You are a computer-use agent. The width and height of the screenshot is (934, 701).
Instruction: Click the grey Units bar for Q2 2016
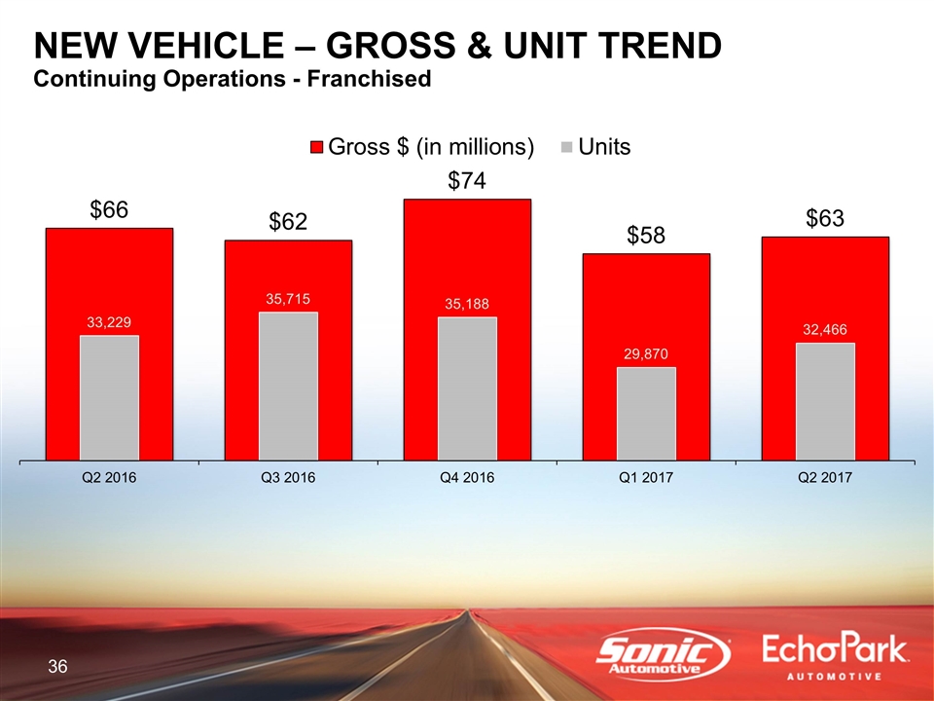pyautogui.click(x=109, y=396)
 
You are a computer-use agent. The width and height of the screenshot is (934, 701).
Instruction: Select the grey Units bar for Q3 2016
pyautogui.click(x=288, y=385)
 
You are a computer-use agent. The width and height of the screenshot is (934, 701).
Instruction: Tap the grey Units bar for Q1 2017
pyautogui.click(x=646, y=412)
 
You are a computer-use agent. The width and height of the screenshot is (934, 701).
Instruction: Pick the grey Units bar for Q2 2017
pyautogui.click(x=825, y=400)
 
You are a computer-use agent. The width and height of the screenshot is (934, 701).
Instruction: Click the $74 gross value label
pyautogui.click(x=467, y=181)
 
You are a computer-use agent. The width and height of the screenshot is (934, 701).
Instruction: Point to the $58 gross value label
pyautogui.click(x=646, y=236)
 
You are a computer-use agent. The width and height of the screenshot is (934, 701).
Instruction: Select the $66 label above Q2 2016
pyautogui.click(x=109, y=210)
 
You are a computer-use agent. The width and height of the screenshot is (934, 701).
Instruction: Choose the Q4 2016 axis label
pyautogui.click(x=467, y=478)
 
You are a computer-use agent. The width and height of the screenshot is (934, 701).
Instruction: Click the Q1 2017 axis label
pyautogui.click(x=646, y=478)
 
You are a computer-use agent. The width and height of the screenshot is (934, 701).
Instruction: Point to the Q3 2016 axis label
pyautogui.click(x=288, y=478)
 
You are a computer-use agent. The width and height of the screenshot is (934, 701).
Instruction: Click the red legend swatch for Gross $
pyautogui.click(x=317, y=148)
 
